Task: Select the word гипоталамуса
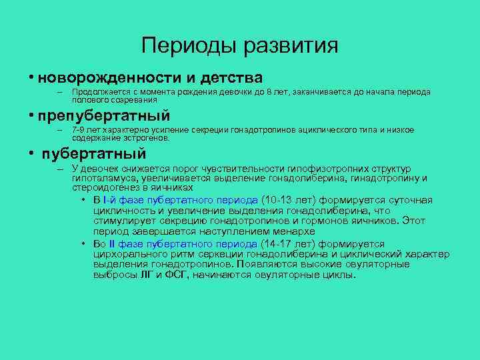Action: [x=103, y=179]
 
